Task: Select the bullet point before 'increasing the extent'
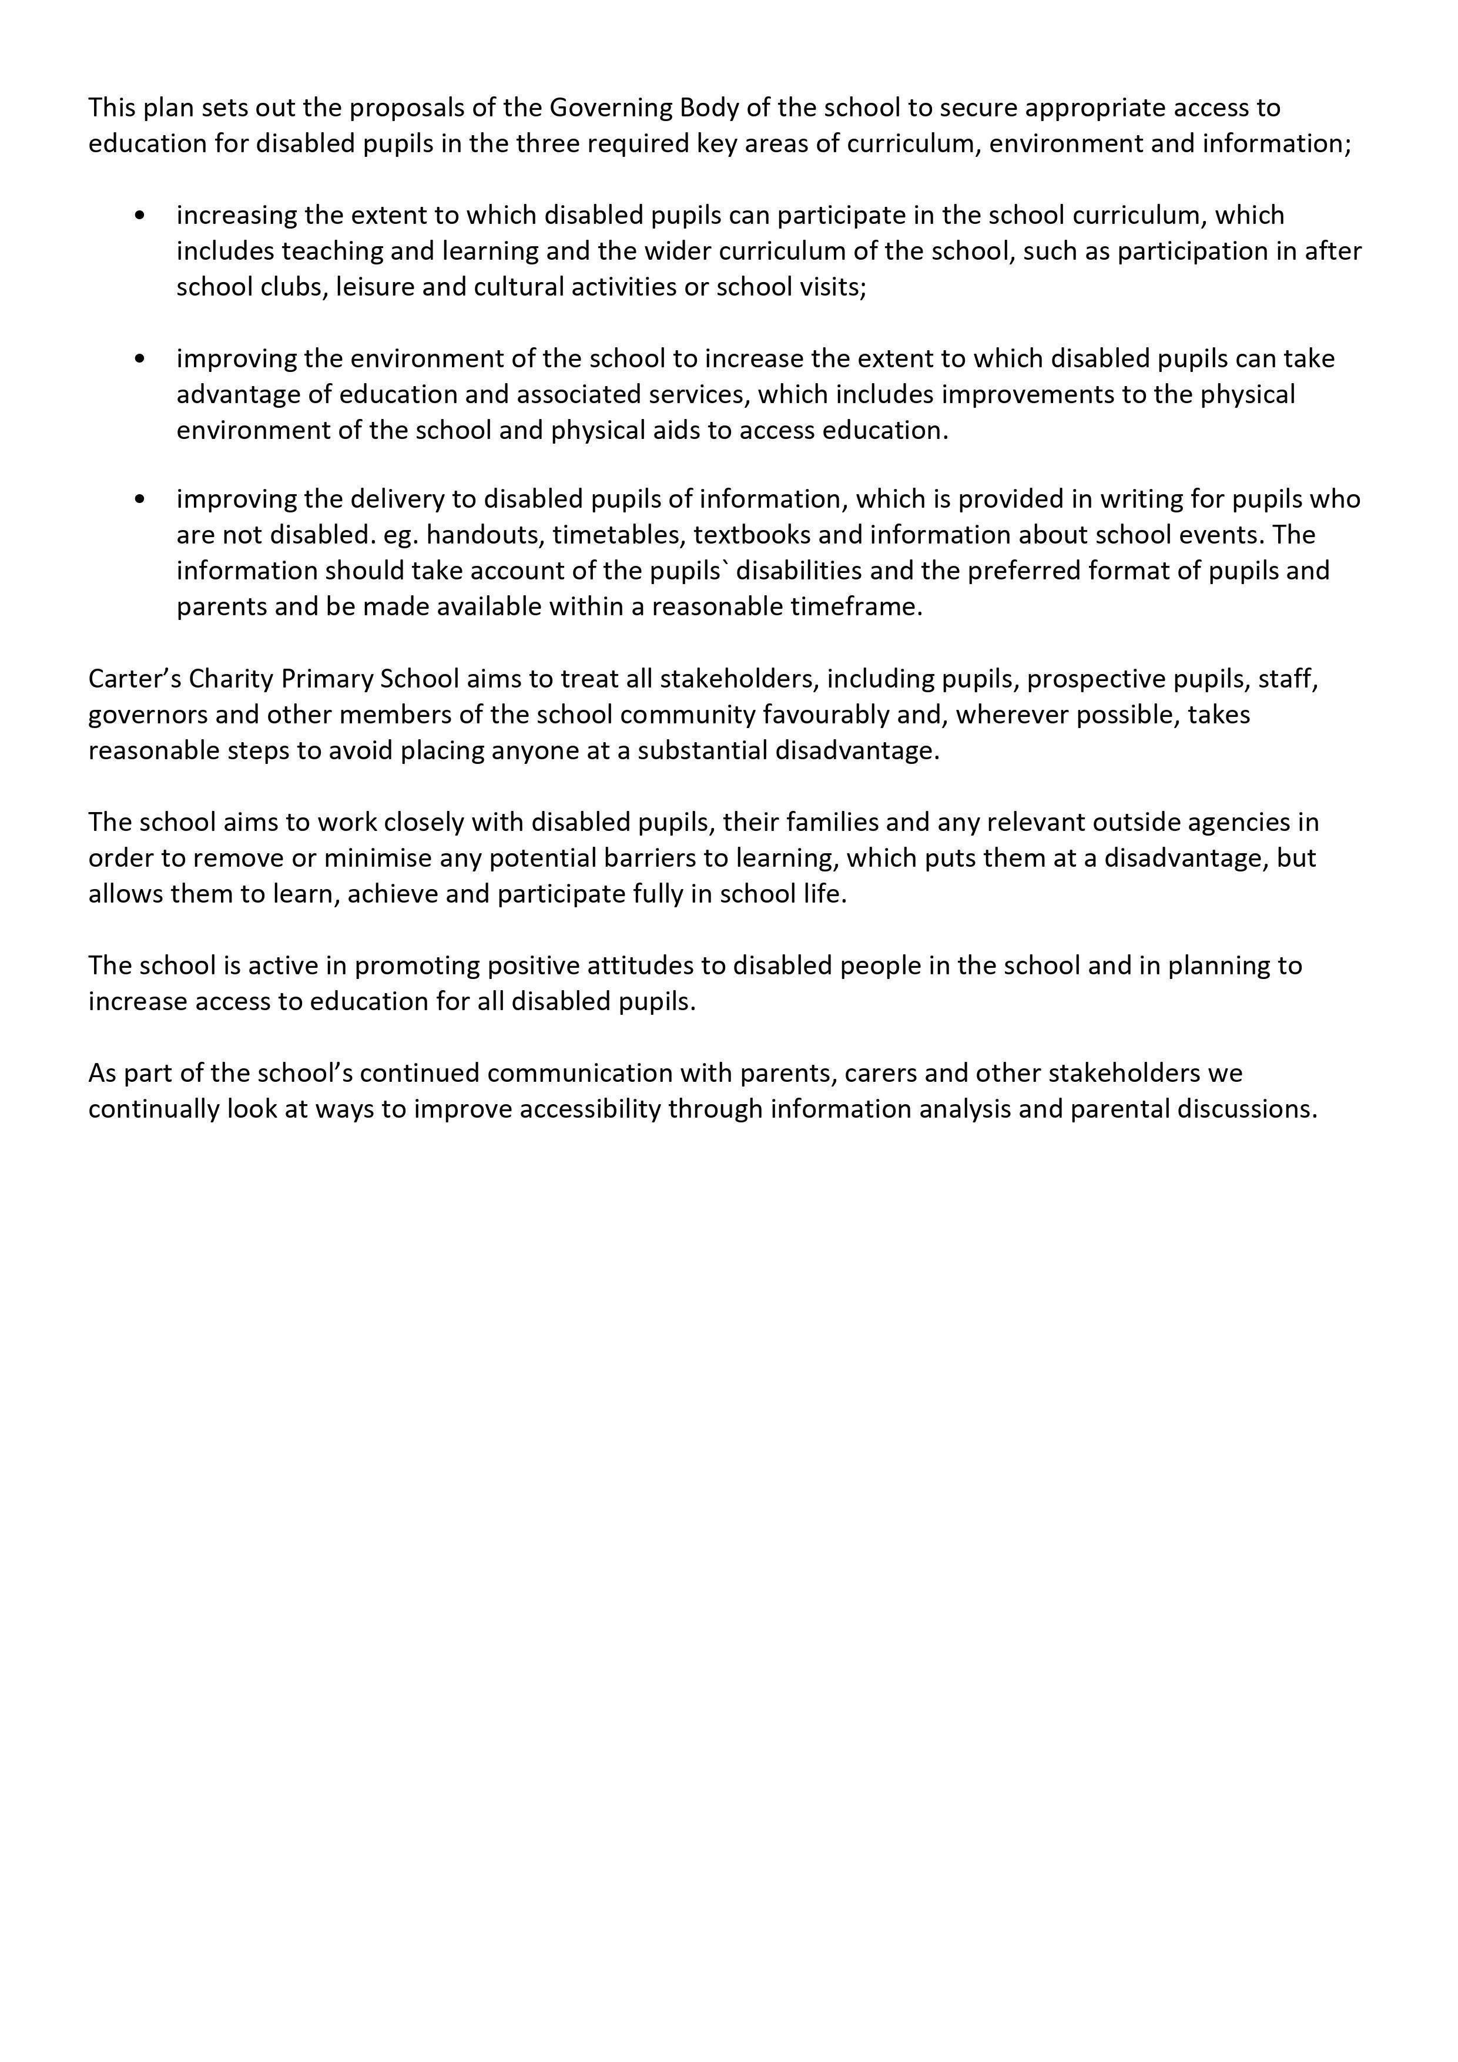139,216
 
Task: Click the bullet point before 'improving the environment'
139,359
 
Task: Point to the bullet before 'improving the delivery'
139,499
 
